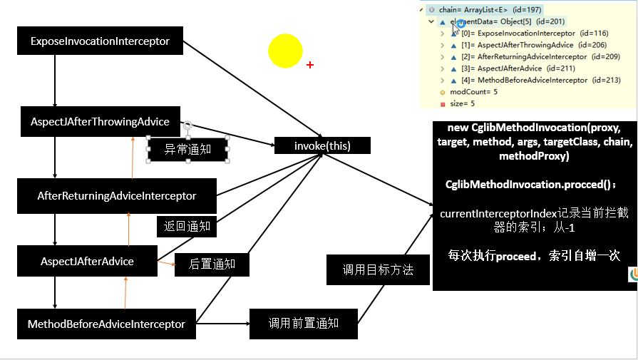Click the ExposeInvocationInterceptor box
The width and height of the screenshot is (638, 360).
[x=100, y=41]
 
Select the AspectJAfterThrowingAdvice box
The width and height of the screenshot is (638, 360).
[x=100, y=121]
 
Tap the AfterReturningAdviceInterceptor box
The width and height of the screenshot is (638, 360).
[x=117, y=195]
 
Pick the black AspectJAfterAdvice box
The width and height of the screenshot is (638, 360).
[x=87, y=261]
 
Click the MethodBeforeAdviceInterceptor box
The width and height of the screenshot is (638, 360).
[x=106, y=324]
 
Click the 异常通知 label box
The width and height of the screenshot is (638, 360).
[x=187, y=150]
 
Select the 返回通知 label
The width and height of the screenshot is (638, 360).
[x=187, y=227]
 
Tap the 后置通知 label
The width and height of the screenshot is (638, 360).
[x=212, y=264]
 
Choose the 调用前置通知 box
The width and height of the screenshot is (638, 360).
[x=303, y=324]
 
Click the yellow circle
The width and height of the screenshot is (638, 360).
[x=286, y=51]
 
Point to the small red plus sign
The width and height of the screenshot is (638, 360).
[x=310, y=65]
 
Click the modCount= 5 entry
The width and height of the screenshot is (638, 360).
[x=474, y=92]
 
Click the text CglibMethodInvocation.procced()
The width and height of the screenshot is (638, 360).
[x=531, y=185]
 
